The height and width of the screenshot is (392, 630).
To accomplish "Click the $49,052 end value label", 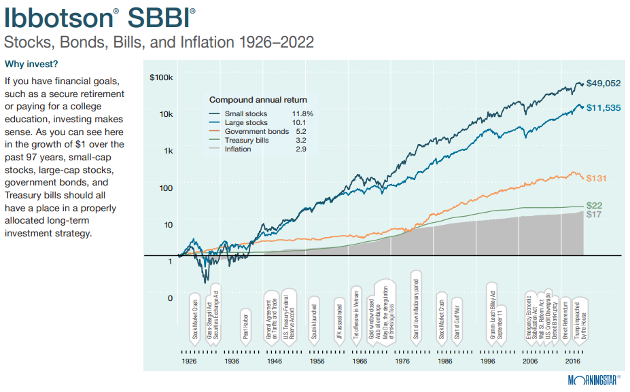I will click(603, 84).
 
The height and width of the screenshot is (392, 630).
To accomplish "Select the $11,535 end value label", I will click(603, 107).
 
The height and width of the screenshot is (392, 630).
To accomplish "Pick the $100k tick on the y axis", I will click(162, 77).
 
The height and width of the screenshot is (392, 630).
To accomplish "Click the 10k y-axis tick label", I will click(166, 114).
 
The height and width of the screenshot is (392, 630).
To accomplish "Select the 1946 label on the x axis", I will click(275, 361).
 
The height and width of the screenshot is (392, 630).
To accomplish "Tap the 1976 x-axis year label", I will click(402, 361).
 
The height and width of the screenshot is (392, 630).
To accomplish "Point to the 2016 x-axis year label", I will click(572, 361).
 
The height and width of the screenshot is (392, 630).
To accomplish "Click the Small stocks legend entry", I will click(245, 113).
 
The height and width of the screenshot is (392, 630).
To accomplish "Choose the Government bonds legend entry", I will click(256, 131).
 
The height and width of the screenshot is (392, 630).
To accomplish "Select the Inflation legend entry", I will click(238, 149).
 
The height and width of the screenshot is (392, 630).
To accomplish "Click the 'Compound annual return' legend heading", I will click(258, 100).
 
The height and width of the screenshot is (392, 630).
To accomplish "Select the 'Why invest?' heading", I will click(31, 65).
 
